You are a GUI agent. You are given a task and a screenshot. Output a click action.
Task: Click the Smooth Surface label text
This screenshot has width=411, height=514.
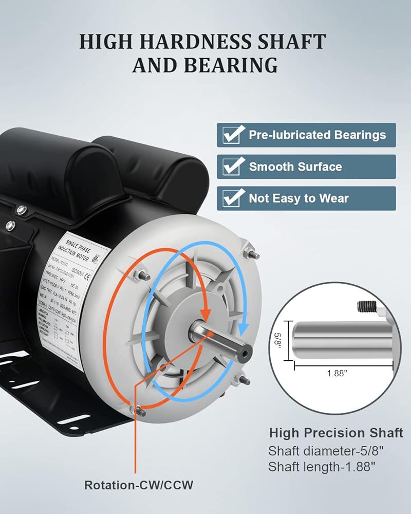(295, 167)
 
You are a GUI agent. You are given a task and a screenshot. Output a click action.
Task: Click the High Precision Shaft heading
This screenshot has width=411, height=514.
(336, 433)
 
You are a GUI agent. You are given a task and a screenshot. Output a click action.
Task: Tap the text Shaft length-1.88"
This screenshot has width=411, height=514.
(322, 467)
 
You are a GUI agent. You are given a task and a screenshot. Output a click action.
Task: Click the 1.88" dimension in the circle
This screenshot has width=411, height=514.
(337, 374)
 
